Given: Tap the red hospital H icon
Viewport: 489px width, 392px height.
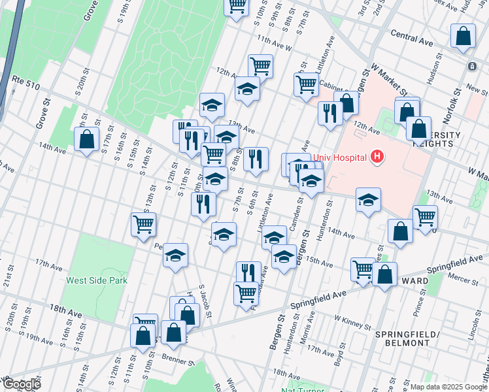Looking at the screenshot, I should point(377,157).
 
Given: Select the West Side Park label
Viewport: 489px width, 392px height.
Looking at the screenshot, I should point(97,280).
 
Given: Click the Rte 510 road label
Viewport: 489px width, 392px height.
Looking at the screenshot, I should point(25,80).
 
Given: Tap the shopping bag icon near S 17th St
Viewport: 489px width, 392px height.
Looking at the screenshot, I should point(87,139).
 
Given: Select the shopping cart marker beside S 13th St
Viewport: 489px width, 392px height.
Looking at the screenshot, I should point(143,225).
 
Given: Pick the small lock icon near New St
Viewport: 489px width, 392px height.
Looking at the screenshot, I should point(471,67).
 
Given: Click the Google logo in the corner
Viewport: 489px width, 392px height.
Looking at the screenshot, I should point(22,384).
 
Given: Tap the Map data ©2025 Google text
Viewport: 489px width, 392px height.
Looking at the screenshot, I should point(448,387).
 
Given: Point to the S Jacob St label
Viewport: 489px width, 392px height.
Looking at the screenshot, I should point(206,301).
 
